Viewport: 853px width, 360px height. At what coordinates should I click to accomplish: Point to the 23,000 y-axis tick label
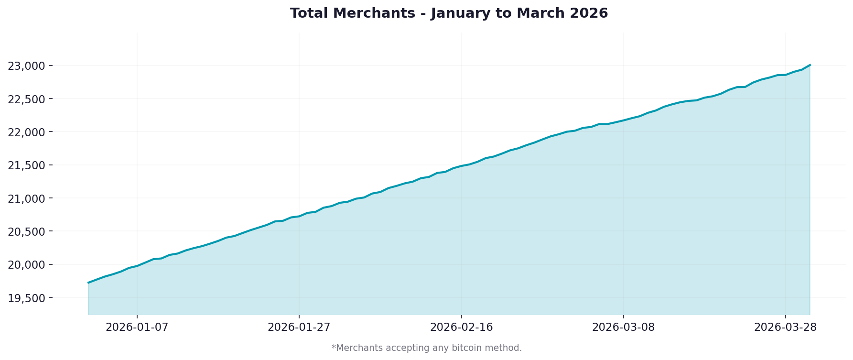click(27, 66)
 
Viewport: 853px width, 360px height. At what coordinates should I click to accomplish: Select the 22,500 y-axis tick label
click(27, 99)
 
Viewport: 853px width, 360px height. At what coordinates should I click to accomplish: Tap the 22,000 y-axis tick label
click(27, 132)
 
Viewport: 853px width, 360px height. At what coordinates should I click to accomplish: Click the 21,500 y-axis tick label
click(27, 165)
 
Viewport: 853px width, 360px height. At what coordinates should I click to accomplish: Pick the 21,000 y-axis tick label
click(27, 198)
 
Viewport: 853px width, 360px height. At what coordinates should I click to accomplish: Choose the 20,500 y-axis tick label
click(27, 231)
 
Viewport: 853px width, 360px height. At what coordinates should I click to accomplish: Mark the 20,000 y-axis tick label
click(27, 265)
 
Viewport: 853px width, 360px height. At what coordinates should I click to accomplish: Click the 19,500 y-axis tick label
click(27, 298)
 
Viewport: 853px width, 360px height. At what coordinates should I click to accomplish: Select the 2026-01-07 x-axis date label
click(137, 327)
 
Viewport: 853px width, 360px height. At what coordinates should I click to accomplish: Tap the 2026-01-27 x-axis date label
click(299, 327)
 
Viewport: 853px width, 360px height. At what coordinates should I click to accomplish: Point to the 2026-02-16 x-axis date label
click(461, 327)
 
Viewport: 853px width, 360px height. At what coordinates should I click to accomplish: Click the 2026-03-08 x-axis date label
click(623, 327)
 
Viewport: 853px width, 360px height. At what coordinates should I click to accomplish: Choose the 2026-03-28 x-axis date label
click(785, 327)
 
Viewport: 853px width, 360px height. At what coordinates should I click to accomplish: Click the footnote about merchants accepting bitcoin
click(427, 348)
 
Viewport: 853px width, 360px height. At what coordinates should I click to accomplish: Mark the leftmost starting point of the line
click(88, 283)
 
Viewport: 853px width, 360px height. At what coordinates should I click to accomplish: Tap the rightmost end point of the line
click(810, 65)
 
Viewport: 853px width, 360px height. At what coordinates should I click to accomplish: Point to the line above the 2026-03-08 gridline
click(623, 120)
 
